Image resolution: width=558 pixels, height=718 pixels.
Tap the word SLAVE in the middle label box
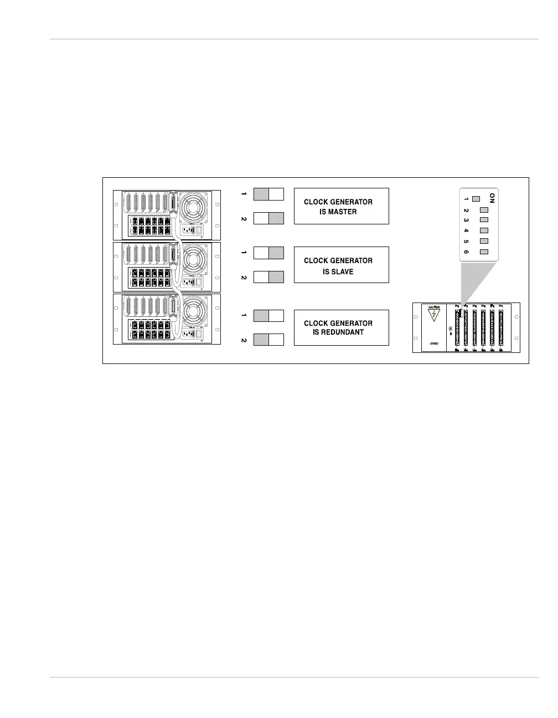pyautogui.click(x=338, y=271)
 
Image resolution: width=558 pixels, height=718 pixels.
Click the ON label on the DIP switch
pyautogui.click(x=492, y=198)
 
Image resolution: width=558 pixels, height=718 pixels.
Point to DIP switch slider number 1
pyautogui.click(x=476, y=199)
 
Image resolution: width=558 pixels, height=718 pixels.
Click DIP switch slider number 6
pyautogui.click(x=484, y=252)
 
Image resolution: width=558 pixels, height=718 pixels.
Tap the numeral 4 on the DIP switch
pyautogui.click(x=467, y=230)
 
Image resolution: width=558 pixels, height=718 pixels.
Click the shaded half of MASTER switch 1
pyautogui.click(x=261, y=194)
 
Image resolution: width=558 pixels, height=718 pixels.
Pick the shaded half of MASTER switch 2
pyautogui.click(x=276, y=218)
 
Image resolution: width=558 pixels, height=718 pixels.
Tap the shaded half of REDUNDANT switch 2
pyautogui.click(x=261, y=340)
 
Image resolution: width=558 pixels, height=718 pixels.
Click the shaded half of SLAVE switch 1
pyautogui.click(x=276, y=253)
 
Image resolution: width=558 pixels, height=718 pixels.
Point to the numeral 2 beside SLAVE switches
pyautogui.click(x=244, y=277)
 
